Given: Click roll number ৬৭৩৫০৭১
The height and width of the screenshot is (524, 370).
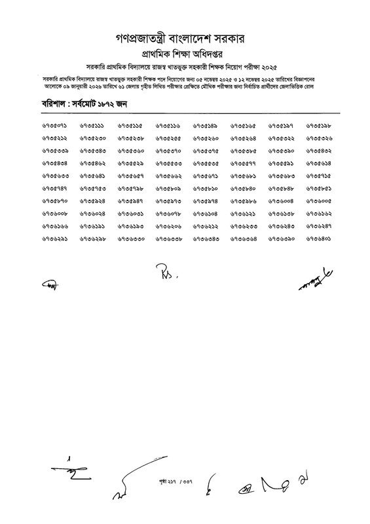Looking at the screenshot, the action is (54, 125).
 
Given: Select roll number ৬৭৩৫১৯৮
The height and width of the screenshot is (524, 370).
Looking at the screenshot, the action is (319, 125).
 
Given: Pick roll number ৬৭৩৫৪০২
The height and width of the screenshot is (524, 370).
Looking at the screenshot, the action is (319, 151).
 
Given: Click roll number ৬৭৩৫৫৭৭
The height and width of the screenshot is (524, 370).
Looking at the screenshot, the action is (244, 164).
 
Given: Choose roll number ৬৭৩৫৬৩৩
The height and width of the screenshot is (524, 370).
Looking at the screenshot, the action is (54, 176).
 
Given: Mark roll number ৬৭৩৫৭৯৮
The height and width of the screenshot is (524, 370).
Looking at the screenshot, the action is (130, 189).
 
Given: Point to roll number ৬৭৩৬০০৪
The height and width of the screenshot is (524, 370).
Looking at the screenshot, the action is (282, 201).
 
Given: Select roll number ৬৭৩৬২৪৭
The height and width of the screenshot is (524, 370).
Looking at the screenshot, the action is (319, 227).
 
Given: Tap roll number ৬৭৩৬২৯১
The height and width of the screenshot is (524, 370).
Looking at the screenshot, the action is (54, 239).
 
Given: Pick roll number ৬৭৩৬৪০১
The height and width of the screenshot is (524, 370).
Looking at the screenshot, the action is (319, 239).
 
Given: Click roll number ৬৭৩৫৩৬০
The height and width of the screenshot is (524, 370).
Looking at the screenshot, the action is (130, 151).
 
